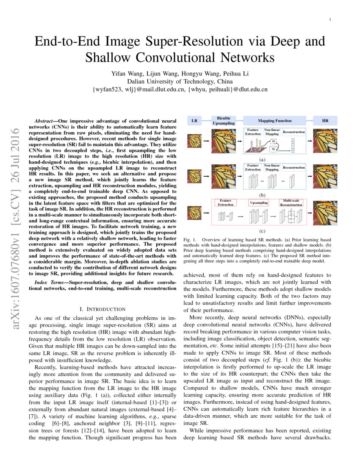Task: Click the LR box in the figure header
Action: coord(194,121)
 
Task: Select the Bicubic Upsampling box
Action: coord(223,121)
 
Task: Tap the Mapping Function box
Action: coord(275,121)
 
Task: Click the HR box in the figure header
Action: coord(325,121)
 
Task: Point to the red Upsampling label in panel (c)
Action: coord(259,203)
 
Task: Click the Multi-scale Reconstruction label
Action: coord(291,202)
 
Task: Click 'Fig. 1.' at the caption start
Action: coord(189,240)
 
